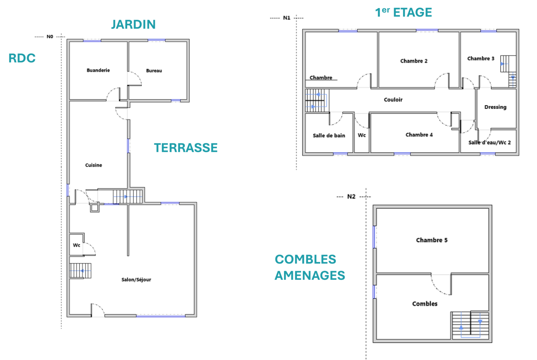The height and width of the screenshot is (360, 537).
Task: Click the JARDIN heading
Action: (x=134, y=24)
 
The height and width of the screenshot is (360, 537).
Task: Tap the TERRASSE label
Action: (x=186, y=148)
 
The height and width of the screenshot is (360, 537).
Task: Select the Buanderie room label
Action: (x=98, y=70)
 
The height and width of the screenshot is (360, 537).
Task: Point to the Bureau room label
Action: (x=154, y=70)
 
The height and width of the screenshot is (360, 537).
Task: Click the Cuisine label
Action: (x=94, y=165)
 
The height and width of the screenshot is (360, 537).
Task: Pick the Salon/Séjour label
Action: (x=136, y=279)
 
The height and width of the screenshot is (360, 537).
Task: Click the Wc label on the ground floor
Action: (x=77, y=245)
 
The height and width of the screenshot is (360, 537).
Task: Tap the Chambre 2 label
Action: (x=414, y=61)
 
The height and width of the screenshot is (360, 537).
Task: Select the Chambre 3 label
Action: (x=481, y=58)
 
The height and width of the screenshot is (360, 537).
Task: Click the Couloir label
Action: (x=393, y=100)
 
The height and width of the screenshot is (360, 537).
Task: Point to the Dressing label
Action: (x=495, y=107)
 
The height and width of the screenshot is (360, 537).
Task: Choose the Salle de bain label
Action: (x=329, y=136)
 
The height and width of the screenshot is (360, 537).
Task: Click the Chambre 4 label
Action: (x=419, y=135)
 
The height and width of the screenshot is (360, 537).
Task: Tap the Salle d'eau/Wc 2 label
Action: (x=490, y=142)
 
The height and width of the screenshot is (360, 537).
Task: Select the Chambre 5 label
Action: (x=432, y=240)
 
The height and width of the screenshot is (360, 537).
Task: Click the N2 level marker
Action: (x=351, y=197)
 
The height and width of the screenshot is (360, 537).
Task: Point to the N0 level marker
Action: (x=50, y=37)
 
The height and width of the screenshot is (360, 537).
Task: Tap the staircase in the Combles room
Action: (x=470, y=325)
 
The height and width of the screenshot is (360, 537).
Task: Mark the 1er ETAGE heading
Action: (x=403, y=12)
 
